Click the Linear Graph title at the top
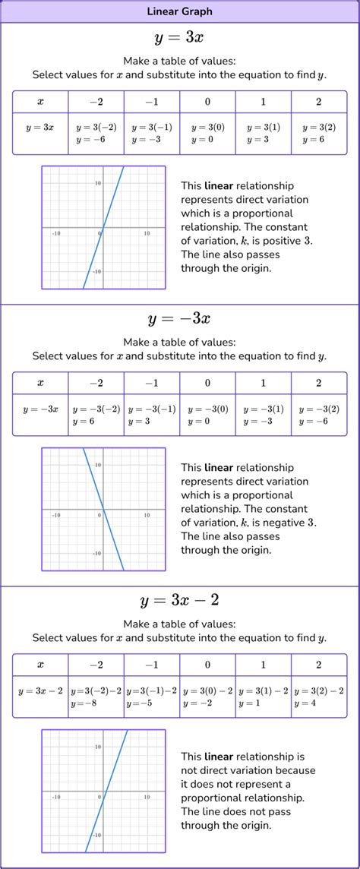click(x=179, y=11)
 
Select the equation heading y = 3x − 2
click(x=179, y=600)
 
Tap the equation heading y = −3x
click(x=179, y=319)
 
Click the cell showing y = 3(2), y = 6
click(x=319, y=134)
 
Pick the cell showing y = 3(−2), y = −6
click(x=96, y=134)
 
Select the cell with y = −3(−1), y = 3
click(x=152, y=415)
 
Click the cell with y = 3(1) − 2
click(x=263, y=697)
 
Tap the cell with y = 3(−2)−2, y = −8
click(x=96, y=697)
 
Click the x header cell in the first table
click(x=40, y=102)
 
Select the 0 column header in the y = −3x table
click(x=207, y=383)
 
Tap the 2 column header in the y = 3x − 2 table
click(x=319, y=665)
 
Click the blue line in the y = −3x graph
click(x=103, y=508)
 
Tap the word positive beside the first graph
click(x=283, y=241)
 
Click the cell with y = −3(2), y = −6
click(x=319, y=415)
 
